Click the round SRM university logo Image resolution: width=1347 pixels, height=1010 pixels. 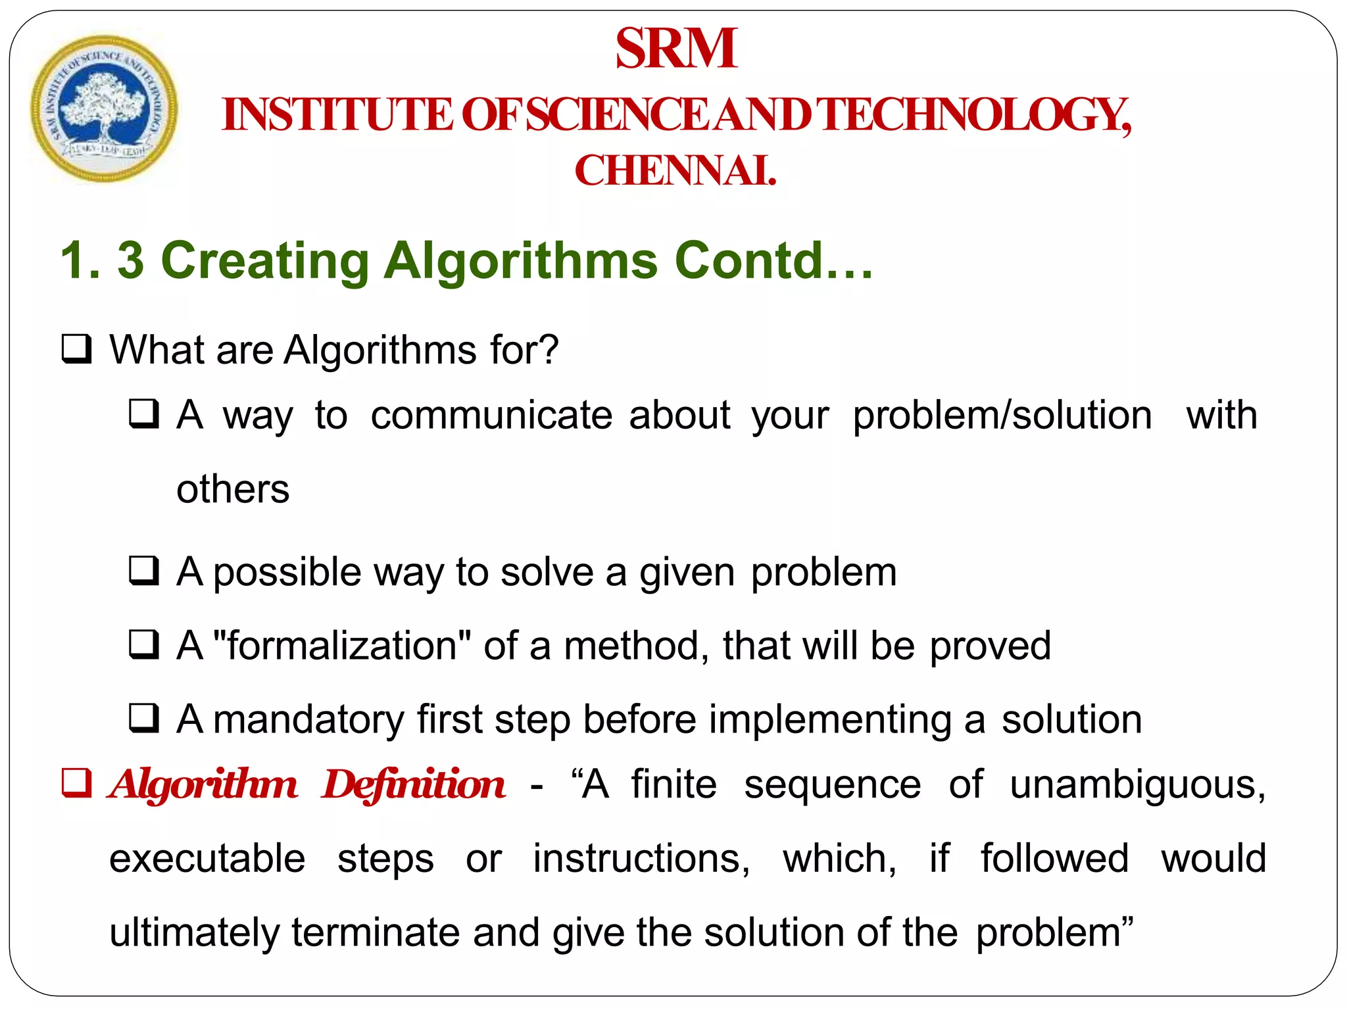[104, 108]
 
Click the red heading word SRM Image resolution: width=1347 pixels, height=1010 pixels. [676, 49]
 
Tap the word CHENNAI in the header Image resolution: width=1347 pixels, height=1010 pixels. [675, 171]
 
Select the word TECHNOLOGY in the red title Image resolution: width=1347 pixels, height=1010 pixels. [976, 115]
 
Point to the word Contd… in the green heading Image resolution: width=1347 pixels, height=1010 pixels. [773, 261]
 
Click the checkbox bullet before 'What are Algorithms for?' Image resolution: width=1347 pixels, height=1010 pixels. [76, 349]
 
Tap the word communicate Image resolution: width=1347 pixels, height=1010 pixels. [491, 416]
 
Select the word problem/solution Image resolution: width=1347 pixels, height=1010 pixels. [1002, 416]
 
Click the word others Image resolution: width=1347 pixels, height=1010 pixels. [233, 489]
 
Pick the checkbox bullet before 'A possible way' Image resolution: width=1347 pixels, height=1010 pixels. [143, 571]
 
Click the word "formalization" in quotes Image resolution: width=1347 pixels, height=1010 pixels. [342, 646]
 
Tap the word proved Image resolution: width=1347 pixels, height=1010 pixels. [990, 646]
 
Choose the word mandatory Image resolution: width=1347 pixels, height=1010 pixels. [308, 719]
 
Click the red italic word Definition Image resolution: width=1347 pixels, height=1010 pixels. [413, 784]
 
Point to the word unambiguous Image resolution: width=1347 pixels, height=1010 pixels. [1137, 784]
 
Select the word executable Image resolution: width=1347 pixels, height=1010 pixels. [207, 859]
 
